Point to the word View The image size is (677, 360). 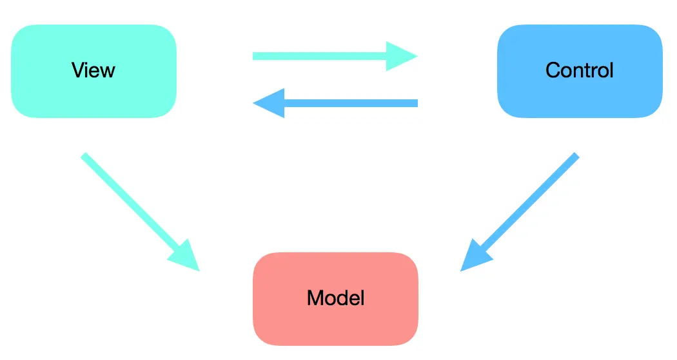point(93,70)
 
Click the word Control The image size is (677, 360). point(579,70)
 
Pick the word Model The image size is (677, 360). point(335,298)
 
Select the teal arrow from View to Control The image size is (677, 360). point(322,55)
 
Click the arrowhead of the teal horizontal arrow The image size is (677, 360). point(401,55)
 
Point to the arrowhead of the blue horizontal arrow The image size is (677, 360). point(270,103)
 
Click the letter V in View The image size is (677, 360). point(77,70)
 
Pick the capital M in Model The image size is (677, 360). point(315,298)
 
